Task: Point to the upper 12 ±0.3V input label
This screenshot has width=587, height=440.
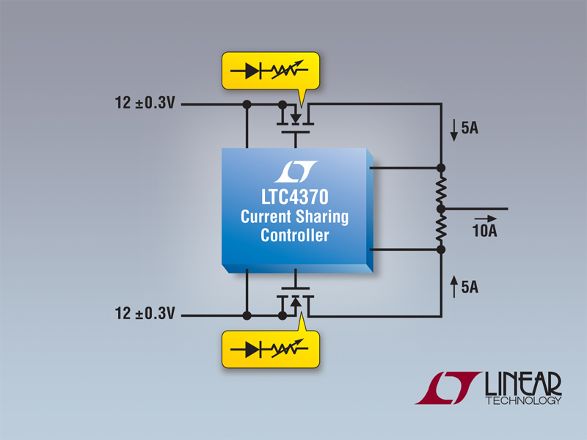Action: (x=145, y=105)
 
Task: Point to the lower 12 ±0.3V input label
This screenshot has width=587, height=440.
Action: (x=145, y=315)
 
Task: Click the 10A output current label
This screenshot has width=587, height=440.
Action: (x=484, y=232)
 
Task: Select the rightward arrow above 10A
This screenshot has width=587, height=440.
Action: (x=484, y=219)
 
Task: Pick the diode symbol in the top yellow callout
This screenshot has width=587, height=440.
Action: (x=254, y=71)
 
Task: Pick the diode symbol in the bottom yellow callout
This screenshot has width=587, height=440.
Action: (x=254, y=348)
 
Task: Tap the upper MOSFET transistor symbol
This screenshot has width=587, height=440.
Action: (x=295, y=116)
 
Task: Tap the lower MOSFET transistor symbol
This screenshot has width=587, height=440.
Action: (x=295, y=303)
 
